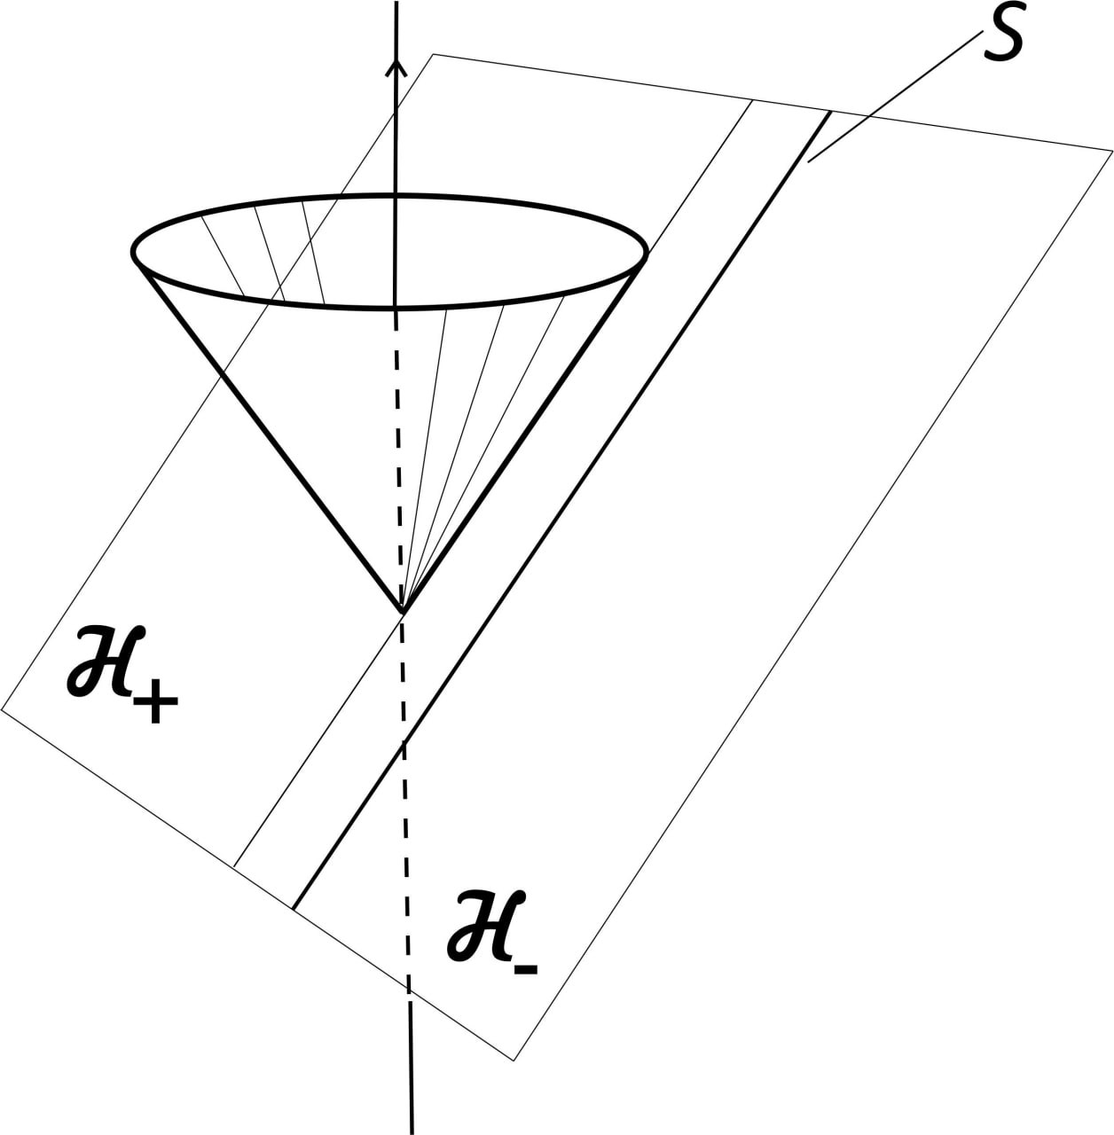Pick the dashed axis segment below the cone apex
pyautogui.click(x=405, y=798)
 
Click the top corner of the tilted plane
pyautogui.click(x=433, y=55)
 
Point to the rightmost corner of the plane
pyautogui.click(x=1111, y=151)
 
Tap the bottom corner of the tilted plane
pyautogui.click(x=514, y=1059)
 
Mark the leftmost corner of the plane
pyautogui.click(x=3, y=708)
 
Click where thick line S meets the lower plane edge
pyautogui.click(x=294, y=908)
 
